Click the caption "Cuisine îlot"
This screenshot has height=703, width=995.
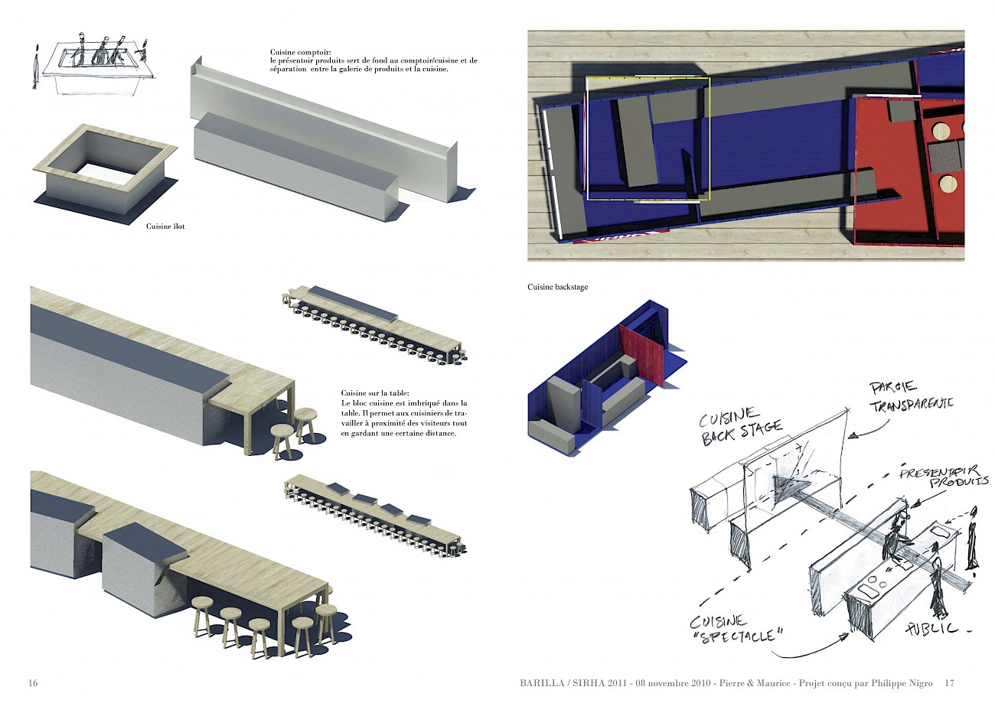point(165,226)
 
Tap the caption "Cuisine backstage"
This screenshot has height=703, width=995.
point(557,287)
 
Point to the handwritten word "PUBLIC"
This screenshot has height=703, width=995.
point(931,628)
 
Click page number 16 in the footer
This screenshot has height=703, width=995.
point(33,682)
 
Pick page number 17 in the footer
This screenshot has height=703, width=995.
point(949,682)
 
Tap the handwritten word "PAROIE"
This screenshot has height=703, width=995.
point(892,388)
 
